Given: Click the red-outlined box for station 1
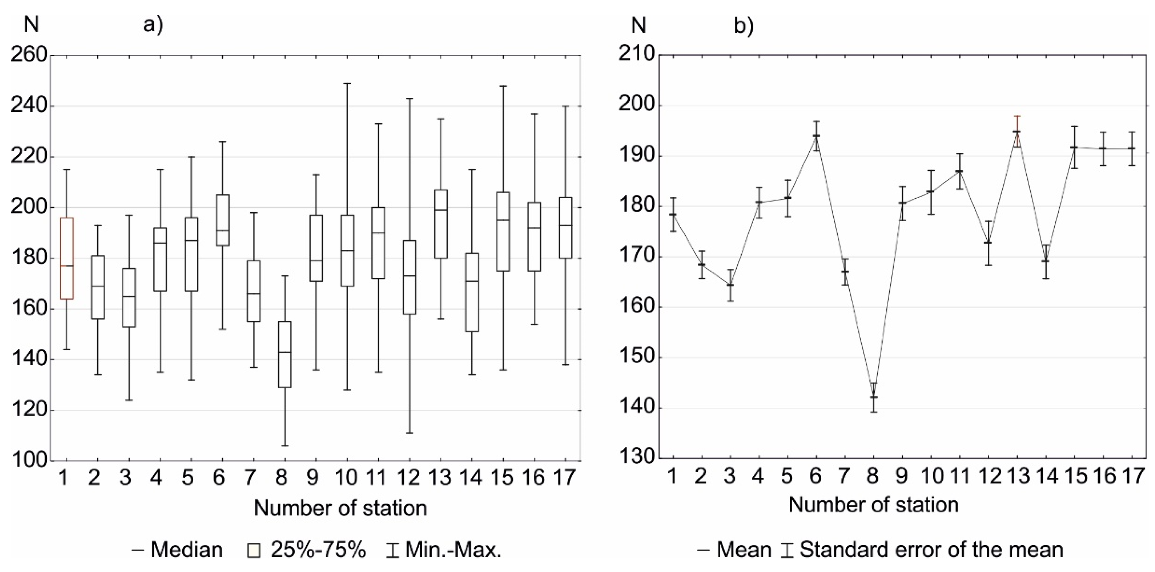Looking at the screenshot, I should pos(67,258).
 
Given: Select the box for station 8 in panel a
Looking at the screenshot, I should pos(285,354).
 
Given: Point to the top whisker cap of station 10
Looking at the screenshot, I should pos(347,84).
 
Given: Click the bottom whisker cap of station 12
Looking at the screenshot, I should pos(409,433).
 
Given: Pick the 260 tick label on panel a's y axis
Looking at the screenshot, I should pos(29,56).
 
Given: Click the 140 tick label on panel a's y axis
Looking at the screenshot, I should pos(29,360).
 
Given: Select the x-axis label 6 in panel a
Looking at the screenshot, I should pos(219,478).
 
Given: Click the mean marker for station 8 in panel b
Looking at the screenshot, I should pos(873,397).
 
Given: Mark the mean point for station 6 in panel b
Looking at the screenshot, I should pos(816,136).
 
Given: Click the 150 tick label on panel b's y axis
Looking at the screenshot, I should pos(636,358).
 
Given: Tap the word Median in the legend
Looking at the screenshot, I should pos(187,550).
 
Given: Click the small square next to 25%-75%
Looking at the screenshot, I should pos(254,551).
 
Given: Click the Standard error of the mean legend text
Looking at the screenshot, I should pos(931,550).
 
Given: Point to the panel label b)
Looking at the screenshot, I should pos(744,26).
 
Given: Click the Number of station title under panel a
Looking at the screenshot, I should pos(340,508).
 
